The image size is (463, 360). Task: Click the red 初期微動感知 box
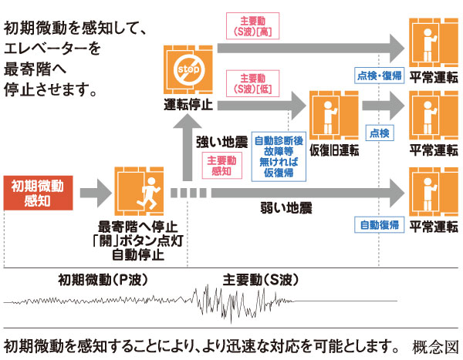click(37, 193)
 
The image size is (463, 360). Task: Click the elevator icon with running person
click(139, 192)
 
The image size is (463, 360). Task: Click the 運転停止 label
click(188, 104)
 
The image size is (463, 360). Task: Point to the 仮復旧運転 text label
click(333, 150)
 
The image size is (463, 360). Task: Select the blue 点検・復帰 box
click(380, 75)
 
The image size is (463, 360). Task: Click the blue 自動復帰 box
click(379, 225)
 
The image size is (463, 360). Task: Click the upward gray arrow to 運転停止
click(188, 146)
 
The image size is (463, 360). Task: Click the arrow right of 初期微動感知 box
click(93, 189)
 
